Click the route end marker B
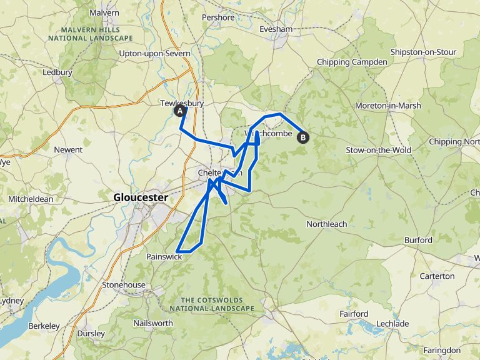click(303, 137)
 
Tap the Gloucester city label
click(141, 197)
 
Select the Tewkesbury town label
click(182, 104)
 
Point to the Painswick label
click(164, 257)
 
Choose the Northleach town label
click(326, 224)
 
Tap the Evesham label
click(276, 29)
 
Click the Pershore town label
click(219, 17)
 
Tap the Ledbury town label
click(57, 72)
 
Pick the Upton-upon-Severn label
click(154, 54)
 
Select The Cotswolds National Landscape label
click(212, 304)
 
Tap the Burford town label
click(418, 240)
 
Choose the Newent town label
click(68, 150)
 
